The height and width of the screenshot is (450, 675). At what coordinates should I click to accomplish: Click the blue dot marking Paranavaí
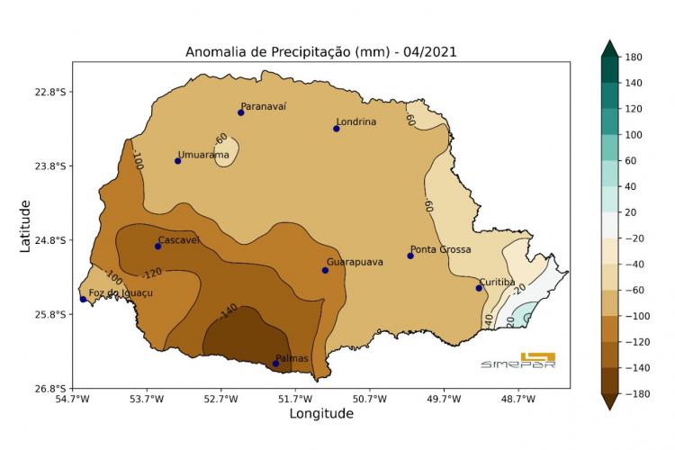pos(241,112)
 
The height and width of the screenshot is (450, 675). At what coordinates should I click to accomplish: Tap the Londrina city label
pos(355,121)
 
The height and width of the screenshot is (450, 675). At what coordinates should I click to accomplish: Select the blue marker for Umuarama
pos(178,161)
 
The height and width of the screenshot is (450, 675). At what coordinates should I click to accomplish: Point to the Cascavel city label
pos(178,240)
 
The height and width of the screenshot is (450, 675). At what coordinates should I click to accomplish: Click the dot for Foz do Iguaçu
pos(83,299)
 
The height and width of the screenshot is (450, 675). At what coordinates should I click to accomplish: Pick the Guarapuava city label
pos(355,262)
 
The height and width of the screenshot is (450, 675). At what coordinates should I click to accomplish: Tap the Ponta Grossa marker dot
pos(410,256)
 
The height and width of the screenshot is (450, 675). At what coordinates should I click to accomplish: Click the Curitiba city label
pos(497,282)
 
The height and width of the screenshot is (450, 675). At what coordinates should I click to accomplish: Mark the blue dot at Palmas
pos(275,364)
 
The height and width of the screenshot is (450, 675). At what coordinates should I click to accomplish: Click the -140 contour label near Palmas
pos(229,310)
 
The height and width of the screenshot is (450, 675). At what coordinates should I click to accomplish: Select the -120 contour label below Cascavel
pos(152,272)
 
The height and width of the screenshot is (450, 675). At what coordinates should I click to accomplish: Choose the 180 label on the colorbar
pos(633,57)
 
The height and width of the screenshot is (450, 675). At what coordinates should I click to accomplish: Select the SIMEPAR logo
pos(530,359)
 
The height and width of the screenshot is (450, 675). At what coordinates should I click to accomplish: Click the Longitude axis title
pos(321,414)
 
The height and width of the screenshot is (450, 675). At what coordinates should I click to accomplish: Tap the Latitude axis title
pos(25,226)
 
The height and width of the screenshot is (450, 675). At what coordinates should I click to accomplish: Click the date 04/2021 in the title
pos(430,52)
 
